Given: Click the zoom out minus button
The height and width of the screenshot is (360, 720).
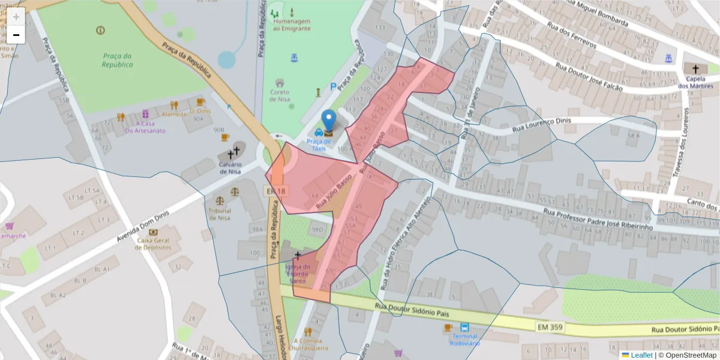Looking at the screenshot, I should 16,35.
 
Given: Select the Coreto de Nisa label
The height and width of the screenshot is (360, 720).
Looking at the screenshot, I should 280,95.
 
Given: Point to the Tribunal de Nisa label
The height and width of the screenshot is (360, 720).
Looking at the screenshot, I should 220,214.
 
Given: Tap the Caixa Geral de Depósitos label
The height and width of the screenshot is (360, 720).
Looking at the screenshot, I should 154,244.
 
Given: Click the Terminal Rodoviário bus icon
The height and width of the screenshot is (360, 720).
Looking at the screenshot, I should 465,328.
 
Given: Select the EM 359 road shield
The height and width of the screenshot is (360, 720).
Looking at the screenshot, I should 550,326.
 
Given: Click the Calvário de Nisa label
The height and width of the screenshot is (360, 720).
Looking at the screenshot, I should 230,167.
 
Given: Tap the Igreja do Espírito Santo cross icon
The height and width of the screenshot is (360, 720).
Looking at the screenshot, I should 298,256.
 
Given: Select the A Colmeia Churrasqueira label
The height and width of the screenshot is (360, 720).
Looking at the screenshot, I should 308,343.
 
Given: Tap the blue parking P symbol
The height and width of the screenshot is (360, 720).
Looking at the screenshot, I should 333,87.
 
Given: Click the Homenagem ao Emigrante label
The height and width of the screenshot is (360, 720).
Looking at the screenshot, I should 292,25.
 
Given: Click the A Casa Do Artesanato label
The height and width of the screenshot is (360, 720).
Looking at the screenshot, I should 145,127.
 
